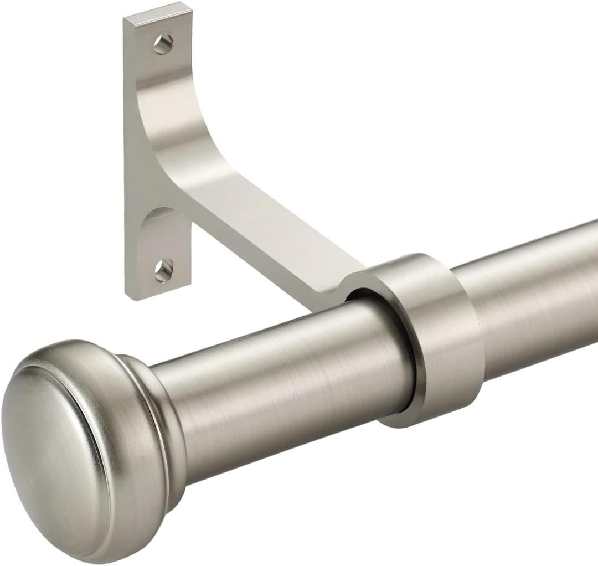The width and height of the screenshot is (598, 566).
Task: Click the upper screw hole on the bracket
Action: (x=163, y=44)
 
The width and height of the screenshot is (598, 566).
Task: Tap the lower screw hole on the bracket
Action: (x=163, y=270)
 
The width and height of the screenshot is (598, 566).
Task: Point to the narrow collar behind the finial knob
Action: (x=161, y=421)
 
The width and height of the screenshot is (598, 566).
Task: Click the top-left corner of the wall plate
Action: (x=125, y=20)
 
